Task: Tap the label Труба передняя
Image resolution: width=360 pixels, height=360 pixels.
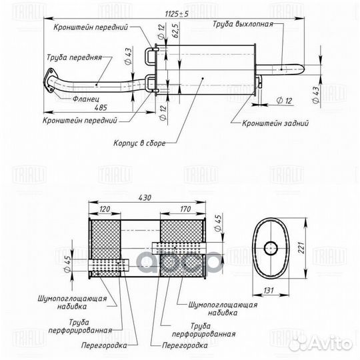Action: [75, 57]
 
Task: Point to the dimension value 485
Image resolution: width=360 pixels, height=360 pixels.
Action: [85, 107]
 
